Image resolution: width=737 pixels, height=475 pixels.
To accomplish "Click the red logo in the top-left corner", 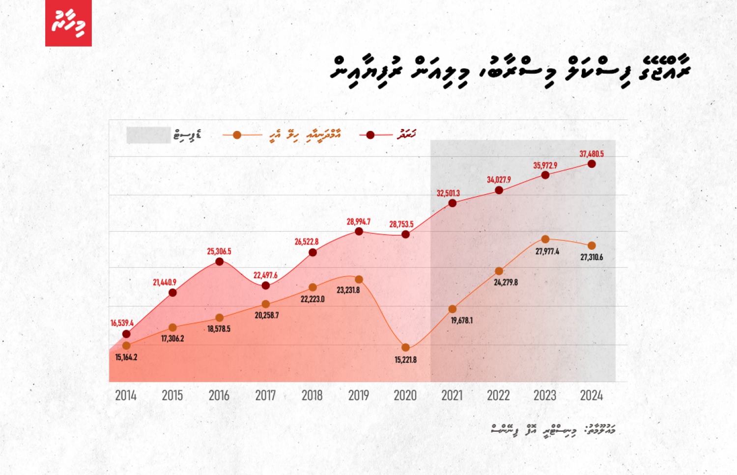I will (68, 23).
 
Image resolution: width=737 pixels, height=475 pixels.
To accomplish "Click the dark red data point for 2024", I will (592, 164).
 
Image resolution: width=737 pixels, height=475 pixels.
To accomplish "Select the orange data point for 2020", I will (405, 347).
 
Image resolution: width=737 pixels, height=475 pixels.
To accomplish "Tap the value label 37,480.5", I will (592, 154).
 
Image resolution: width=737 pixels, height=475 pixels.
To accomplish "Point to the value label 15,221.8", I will (405, 360).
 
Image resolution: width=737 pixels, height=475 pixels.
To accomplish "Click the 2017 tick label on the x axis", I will (265, 396).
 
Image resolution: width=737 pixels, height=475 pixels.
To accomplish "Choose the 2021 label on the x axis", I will (452, 396).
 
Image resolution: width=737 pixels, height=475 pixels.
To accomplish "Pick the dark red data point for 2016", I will (220, 262).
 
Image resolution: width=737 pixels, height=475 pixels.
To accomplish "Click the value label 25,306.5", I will (219, 251).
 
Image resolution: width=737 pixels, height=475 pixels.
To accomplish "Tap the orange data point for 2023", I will (545, 239).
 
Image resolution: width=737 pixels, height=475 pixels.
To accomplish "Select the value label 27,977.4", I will (547, 251).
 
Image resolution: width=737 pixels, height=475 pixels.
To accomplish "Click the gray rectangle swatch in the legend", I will (148, 135).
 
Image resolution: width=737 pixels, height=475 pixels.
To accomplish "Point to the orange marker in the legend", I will (237, 135).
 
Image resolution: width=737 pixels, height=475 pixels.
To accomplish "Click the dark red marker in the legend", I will (370, 135).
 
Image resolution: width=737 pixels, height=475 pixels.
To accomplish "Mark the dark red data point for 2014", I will (126, 334).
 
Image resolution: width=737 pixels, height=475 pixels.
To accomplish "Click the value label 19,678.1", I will (462, 320).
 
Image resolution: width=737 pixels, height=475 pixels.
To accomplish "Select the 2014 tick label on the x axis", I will (126, 396).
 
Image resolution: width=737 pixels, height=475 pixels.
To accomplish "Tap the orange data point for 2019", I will (359, 280).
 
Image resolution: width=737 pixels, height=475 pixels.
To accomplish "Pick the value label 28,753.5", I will (401, 224).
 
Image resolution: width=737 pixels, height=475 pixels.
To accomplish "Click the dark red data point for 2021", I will (453, 203).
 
